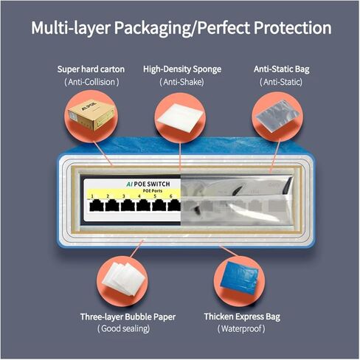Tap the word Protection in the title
point(292,27)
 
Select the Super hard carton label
point(91,69)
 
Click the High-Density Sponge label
point(182,69)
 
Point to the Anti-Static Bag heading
point(282,69)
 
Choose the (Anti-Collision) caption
point(91,82)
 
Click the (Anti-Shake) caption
point(181,82)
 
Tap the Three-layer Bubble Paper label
point(128,316)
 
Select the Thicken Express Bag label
point(242,316)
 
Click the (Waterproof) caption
point(241,329)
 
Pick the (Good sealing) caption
point(123,328)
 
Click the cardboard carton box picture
point(91,115)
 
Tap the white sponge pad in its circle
point(180,117)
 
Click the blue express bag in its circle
point(239,277)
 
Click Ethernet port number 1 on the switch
point(95,206)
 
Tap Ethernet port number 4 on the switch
point(143,206)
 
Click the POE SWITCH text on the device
point(152,184)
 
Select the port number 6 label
point(170,196)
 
